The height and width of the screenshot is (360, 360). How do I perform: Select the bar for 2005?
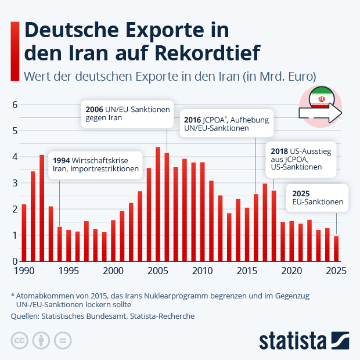(x=158, y=204)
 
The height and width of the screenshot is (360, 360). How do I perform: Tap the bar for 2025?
(x=336, y=249)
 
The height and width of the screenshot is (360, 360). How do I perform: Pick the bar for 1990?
(x=24, y=232)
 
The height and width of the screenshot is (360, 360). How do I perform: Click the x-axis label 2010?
(x=202, y=271)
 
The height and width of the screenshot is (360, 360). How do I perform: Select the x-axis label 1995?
(x=69, y=271)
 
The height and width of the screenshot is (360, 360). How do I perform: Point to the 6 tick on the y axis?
(x=15, y=105)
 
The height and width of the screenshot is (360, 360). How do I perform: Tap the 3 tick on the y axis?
(x=15, y=183)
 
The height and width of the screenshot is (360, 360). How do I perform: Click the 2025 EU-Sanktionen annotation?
(x=317, y=198)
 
